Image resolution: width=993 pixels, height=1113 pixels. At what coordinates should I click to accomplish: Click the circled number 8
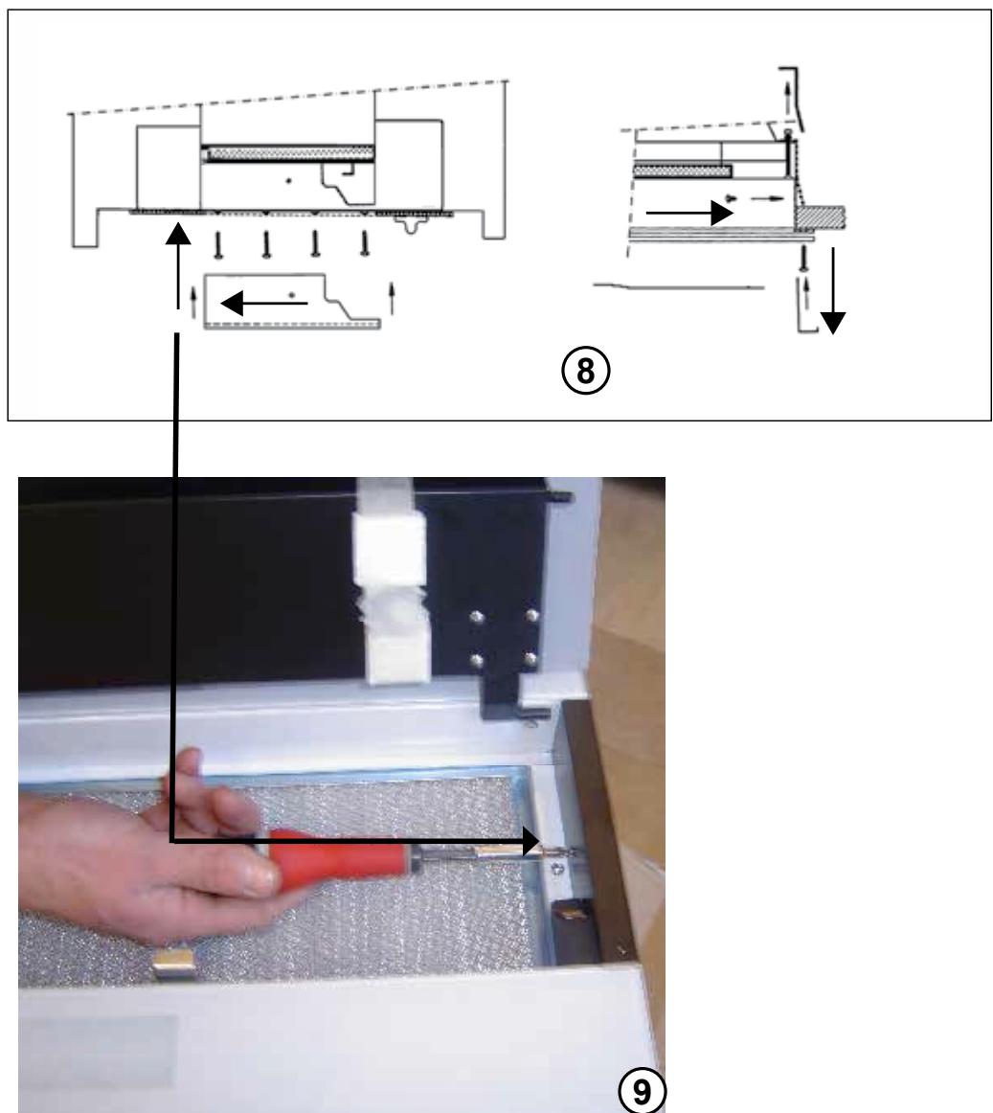586,372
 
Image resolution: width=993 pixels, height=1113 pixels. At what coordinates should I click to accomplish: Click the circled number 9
642,1092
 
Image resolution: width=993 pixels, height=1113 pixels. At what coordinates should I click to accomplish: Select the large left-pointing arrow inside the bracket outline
264,303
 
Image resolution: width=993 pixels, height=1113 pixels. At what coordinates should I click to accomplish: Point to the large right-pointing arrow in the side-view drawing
689,213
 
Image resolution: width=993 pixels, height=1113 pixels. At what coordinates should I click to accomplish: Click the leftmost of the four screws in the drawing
217,244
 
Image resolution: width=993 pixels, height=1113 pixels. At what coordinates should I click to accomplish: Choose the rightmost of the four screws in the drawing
365,243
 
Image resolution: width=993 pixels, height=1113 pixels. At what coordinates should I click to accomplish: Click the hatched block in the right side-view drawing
821,218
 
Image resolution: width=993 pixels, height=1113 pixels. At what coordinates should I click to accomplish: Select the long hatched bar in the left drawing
287,154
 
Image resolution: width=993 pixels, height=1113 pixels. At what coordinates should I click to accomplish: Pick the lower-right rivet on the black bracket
530,659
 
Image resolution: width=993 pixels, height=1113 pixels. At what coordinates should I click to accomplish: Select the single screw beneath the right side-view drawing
803,259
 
